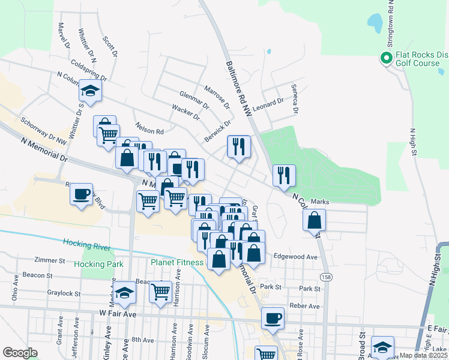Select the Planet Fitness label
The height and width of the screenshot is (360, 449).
click(x=176, y=262)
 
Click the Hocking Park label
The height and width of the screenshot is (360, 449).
click(x=98, y=263)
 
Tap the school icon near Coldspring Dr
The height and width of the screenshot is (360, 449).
click(x=90, y=92)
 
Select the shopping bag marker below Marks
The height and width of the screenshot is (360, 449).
click(x=314, y=220)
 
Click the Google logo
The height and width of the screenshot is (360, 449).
click(x=20, y=353)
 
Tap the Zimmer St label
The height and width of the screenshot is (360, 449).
click(x=50, y=261)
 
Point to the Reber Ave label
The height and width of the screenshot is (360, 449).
click(x=304, y=306)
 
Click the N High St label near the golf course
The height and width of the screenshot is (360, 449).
click(x=413, y=142)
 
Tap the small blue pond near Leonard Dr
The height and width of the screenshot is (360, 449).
click(x=268, y=52)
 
